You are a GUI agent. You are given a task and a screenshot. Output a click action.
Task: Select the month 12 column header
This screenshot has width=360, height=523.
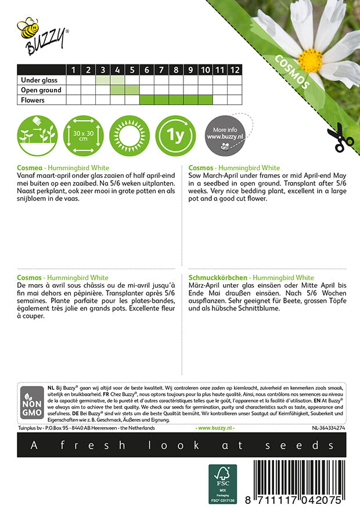tap(234, 70)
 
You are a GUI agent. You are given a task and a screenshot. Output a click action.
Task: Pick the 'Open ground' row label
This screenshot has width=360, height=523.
tap(41, 90)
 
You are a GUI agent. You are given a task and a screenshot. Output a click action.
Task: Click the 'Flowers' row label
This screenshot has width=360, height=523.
tap(33, 100)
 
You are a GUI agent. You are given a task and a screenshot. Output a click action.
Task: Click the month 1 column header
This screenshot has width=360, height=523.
tap(74, 70)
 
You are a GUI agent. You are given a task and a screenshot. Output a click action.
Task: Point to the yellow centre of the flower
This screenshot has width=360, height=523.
tap(310, 59)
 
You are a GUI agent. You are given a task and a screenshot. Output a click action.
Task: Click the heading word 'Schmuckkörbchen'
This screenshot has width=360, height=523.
tap(218, 278)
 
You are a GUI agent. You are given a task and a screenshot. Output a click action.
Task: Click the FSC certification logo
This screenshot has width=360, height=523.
tap(222, 483)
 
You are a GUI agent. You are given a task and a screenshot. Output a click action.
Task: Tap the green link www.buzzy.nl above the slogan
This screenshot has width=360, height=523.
tap(215, 428)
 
